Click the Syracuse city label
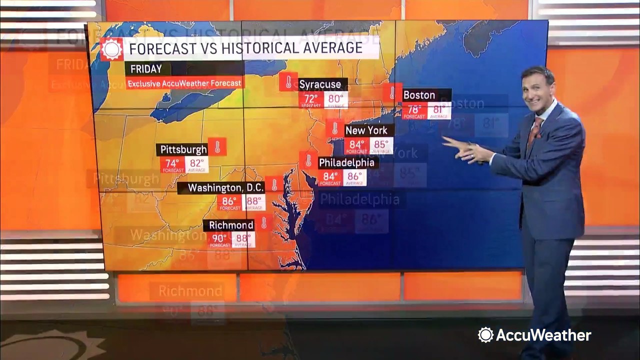(320, 84)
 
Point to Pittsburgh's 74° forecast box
(172, 164)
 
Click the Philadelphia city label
(346, 162)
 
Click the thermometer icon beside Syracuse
(288, 81)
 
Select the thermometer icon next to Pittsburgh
(217, 147)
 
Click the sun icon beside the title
(111, 49)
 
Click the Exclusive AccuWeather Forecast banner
(184, 83)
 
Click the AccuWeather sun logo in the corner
(485, 335)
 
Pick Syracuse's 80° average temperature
(335, 99)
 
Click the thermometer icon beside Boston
(392, 92)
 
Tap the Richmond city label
(231, 225)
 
